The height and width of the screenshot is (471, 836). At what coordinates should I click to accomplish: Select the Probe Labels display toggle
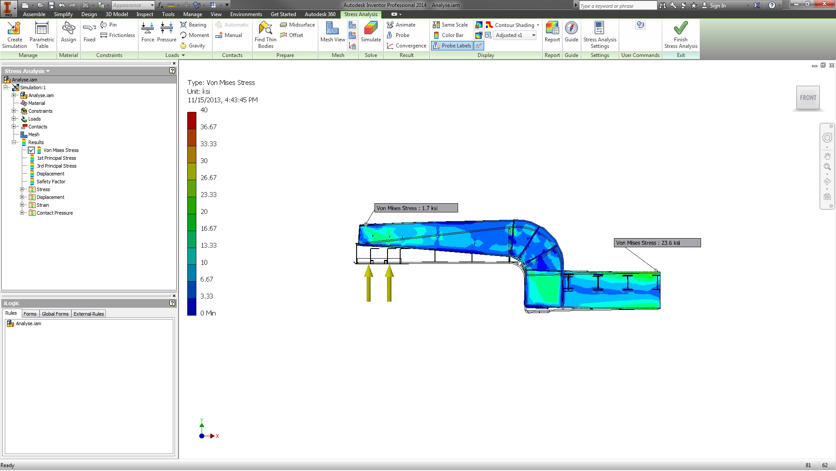pyautogui.click(x=452, y=46)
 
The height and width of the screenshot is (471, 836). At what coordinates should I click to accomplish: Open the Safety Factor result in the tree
pyautogui.click(x=51, y=182)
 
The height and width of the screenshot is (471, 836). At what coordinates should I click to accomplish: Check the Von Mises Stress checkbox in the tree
pyautogui.click(x=31, y=151)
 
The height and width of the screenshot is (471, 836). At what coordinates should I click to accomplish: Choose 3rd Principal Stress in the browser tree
pyautogui.click(x=56, y=166)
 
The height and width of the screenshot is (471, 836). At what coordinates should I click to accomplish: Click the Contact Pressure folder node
pyautogui.click(x=54, y=213)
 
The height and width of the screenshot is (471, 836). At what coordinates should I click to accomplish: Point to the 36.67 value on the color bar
pyautogui.click(x=208, y=127)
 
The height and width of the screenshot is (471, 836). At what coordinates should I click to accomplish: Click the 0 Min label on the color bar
pyautogui.click(x=208, y=313)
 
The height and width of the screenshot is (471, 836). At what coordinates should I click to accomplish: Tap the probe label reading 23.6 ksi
pyautogui.click(x=657, y=243)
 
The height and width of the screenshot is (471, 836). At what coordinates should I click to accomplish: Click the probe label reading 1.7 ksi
pyautogui.click(x=415, y=209)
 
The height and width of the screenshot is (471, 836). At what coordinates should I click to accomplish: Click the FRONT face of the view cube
pyautogui.click(x=808, y=98)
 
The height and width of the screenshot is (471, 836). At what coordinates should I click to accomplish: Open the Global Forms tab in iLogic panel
pyautogui.click(x=55, y=314)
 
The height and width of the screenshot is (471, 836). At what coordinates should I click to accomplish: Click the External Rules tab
pyautogui.click(x=88, y=314)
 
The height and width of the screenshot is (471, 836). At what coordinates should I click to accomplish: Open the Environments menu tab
pyautogui.click(x=246, y=14)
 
